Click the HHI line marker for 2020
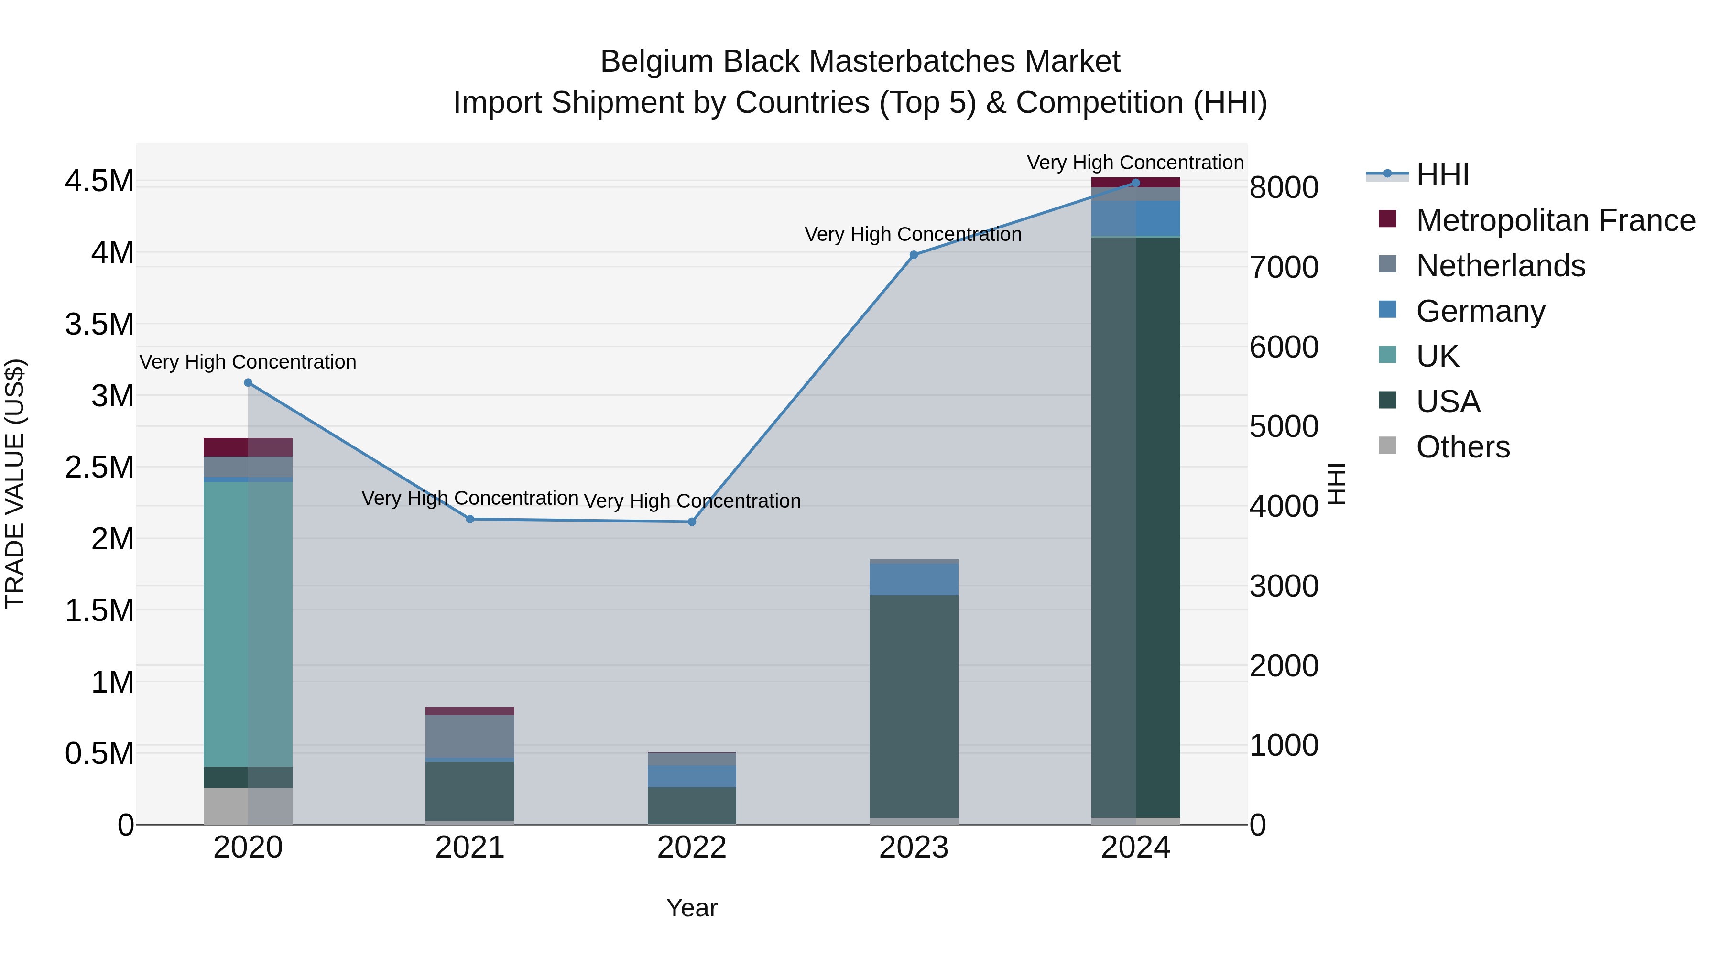[248, 383]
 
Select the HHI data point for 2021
[469, 519]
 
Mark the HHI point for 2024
[1136, 183]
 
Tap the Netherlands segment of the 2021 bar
[469, 736]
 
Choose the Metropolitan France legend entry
[1555, 220]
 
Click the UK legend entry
[1437, 356]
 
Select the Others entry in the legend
[1462, 447]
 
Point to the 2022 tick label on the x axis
[691, 848]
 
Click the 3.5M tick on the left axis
[99, 324]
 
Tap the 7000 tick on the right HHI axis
[1284, 267]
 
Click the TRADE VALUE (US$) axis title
[15, 484]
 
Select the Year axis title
[691, 908]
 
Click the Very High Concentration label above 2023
[913, 235]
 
